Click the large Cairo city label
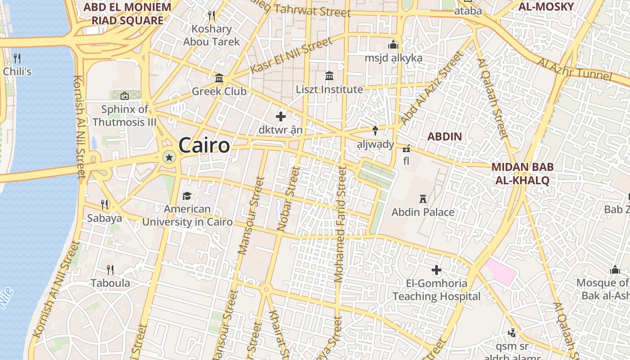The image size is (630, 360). click(x=204, y=145)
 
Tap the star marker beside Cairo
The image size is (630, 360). click(x=169, y=157)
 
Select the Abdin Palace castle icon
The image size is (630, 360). click(x=423, y=198)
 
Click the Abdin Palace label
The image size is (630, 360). click(x=423, y=212)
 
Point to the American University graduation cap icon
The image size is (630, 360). click(x=187, y=196)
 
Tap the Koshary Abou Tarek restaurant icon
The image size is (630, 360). click(x=211, y=16)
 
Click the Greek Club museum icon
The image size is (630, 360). click(x=219, y=78)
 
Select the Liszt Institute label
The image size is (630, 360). click(x=329, y=90)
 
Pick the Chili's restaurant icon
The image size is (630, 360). click(x=17, y=58)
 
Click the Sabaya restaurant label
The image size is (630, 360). click(x=104, y=218)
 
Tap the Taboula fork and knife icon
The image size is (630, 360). click(x=110, y=270)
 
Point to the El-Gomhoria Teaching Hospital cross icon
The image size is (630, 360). click(x=436, y=270)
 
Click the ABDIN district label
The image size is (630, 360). click(x=445, y=136)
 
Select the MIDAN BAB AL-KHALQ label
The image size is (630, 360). click(x=522, y=174)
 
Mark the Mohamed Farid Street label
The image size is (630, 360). click(x=341, y=224)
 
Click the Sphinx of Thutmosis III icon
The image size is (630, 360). click(x=125, y=96)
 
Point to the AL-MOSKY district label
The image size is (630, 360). click(x=546, y=7)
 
